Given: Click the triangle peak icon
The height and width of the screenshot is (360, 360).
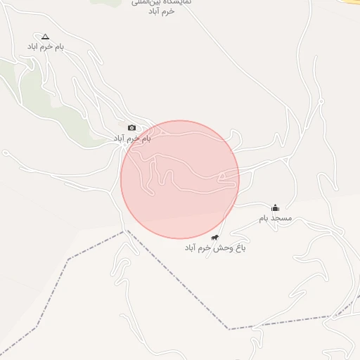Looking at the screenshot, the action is point(46,36).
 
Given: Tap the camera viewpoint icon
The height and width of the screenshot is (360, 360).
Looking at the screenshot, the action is point(131,127).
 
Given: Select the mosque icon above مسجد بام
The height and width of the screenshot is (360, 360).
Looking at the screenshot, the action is point(275,207).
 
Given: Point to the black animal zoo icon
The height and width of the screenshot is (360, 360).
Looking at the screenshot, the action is point(214,238).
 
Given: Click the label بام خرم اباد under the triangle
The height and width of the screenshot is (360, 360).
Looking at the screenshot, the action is point(46,46).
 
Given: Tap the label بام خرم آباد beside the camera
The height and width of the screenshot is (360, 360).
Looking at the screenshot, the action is point(132,139).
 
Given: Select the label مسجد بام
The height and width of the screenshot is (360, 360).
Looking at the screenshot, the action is point(275,219).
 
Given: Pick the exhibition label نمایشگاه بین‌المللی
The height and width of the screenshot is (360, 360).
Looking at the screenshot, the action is point(161,3).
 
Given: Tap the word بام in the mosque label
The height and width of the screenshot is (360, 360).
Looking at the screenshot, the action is point(264,219).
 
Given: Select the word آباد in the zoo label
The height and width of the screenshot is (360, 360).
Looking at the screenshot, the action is point(192,248).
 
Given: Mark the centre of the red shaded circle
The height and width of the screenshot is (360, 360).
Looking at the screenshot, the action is point(180,179).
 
